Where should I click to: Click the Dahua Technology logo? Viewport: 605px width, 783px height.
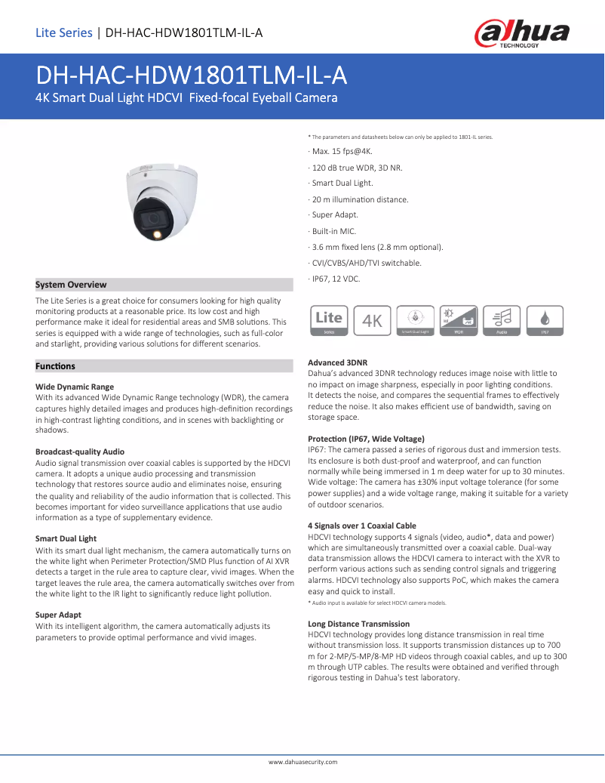tap(521, 33)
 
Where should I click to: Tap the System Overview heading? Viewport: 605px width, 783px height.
tap(71, 285)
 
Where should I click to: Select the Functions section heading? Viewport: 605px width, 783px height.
tap(55, 366)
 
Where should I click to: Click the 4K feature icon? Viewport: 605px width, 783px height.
tap(373, 320)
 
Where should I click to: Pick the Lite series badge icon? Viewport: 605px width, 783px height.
tap(329, 320)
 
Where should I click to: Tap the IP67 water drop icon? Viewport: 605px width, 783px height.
tap(545, 320)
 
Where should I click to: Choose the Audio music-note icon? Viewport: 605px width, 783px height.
tap(502, 320)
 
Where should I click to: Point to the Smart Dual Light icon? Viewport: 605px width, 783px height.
tap(415, 320)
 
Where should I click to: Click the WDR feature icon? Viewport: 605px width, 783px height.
tap(458, 320)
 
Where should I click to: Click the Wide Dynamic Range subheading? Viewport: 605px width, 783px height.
tap(75, 387)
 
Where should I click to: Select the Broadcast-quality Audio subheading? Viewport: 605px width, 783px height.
tap(80, 452)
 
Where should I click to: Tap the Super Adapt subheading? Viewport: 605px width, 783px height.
tap(58, 615)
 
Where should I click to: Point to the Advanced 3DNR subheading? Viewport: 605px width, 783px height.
tap(338, 362)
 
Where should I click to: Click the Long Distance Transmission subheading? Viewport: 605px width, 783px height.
tap(359, 624)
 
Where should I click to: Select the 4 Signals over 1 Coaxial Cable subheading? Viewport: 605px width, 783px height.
tap(362, 526)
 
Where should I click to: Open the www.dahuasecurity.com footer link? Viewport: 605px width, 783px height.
tap(302, 763)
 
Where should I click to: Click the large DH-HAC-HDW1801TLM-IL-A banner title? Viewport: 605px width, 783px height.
tap(192, 76)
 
